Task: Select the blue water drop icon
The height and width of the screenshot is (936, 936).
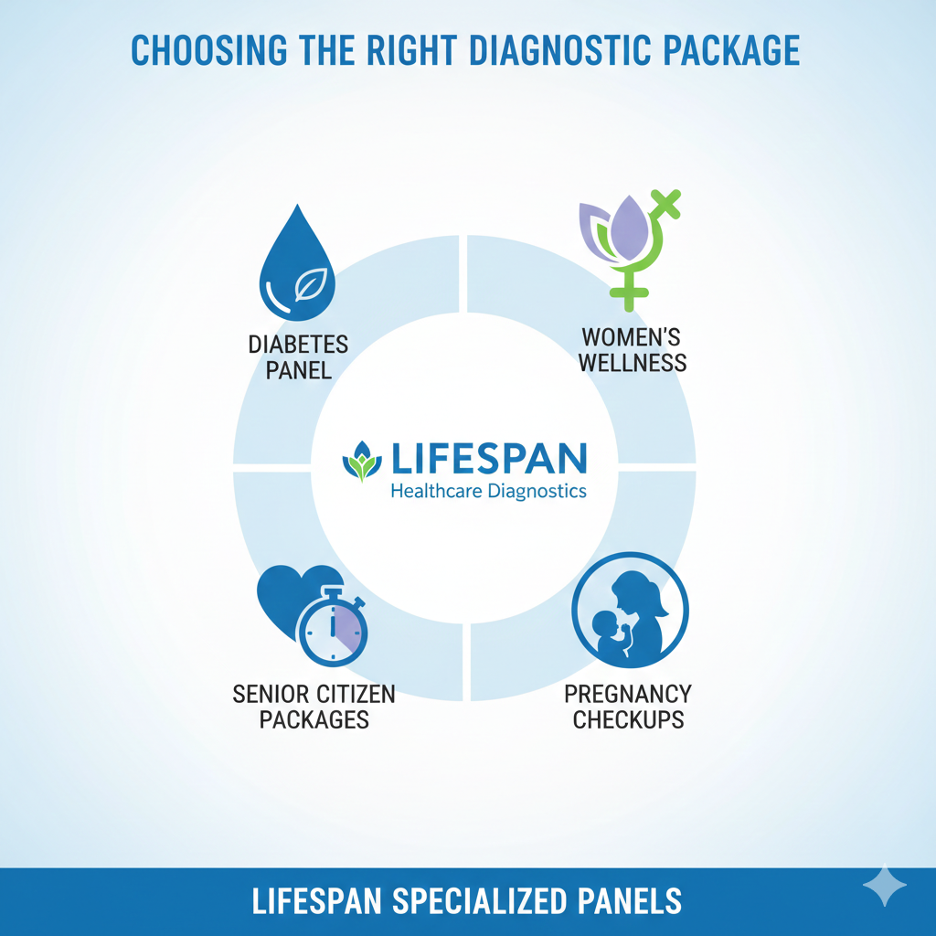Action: point(297,265)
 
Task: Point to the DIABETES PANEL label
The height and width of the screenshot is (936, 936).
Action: point(298,358)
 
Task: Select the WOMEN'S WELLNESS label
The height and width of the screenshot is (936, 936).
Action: point(632,349)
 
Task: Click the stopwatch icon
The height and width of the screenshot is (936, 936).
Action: point(334,629)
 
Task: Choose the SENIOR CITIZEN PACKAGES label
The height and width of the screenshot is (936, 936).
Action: point(314,706)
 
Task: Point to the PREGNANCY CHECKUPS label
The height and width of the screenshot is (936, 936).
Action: point(628,706)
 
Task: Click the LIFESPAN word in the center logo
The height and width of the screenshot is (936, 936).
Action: point(488,458)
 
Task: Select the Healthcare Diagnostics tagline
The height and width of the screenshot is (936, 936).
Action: point(488,491)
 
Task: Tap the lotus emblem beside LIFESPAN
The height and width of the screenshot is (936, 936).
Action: point(362,462)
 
